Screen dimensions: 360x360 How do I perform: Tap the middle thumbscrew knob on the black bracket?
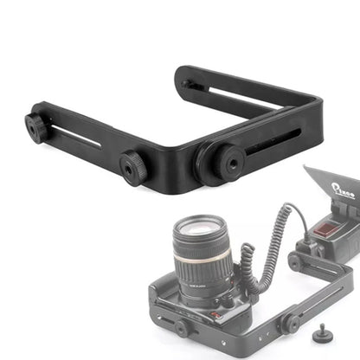[x=132, y=162]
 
